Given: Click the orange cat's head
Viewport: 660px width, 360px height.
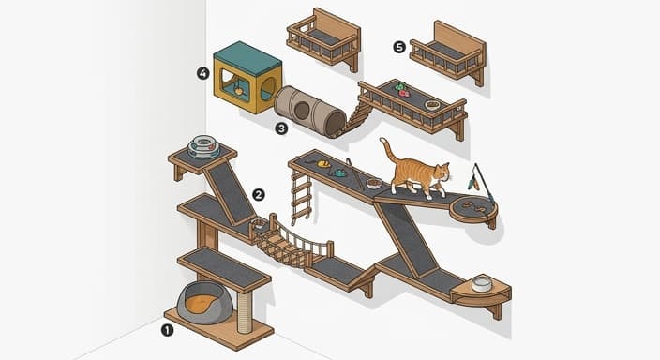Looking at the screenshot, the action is click(442, 175).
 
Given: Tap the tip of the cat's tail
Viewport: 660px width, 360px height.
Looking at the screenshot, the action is click(382, 142).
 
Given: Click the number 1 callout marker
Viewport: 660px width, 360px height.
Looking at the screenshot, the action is click(168, 329).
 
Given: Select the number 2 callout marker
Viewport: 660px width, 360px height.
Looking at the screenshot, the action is click(259, 194).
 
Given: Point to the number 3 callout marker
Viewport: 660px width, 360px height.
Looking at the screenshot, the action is click(281, 127).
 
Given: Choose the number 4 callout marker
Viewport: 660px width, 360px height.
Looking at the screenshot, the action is click(202, 72).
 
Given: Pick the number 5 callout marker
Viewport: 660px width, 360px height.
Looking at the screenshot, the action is click(398, 45).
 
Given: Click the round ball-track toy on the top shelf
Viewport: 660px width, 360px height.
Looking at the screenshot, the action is click(203, 146).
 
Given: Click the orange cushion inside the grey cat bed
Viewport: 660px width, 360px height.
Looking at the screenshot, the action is click(199, 303).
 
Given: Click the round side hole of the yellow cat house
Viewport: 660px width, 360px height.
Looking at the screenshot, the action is click(267, 90).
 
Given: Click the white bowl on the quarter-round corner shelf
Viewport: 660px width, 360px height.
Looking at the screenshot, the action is click(483, 284).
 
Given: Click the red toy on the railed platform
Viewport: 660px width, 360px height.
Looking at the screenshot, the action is click(404, 94).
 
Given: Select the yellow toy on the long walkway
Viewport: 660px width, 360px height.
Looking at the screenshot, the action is click(324, 164).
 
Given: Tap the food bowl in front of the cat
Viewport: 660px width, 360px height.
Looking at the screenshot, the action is click(374, 183).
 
